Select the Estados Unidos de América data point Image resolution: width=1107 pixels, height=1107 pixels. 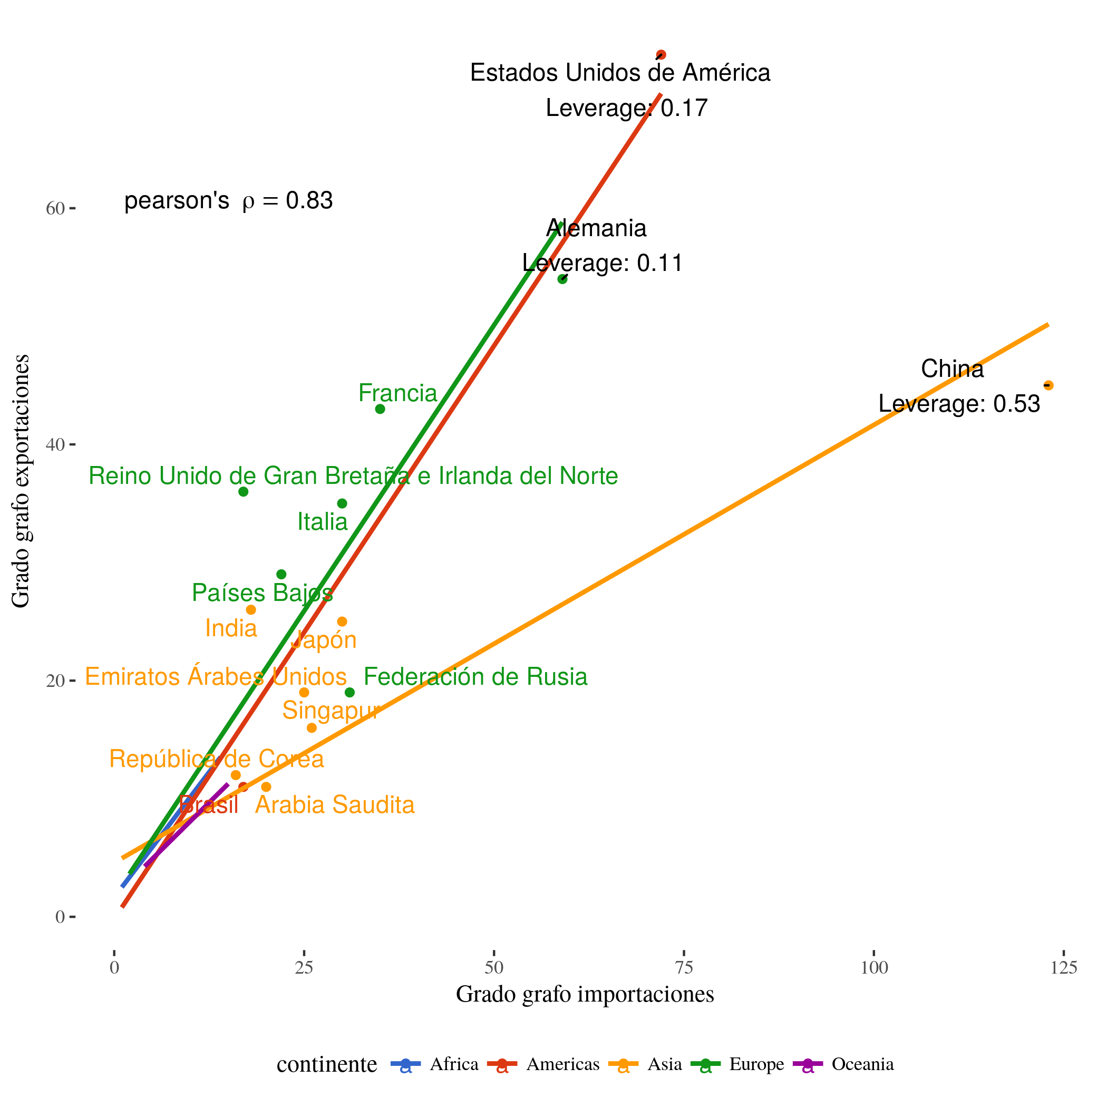661,55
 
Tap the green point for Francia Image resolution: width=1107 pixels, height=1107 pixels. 380,409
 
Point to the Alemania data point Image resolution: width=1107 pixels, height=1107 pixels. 562,279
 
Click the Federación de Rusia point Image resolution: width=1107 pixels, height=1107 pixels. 349,693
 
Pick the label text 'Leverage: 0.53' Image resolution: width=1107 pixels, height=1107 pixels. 959,404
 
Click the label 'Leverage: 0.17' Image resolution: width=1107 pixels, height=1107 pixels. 627,108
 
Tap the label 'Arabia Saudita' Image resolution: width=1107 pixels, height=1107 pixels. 335,805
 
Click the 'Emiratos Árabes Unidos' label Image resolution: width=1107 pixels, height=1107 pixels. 216,677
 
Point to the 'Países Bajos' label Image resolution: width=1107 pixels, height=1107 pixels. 263,593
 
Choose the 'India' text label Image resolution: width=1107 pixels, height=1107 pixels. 231,628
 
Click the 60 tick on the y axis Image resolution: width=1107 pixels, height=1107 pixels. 55,209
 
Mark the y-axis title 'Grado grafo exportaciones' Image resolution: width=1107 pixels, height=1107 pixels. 21,481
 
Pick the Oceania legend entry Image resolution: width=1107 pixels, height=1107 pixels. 843,1064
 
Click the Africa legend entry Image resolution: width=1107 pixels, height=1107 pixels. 435,1064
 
